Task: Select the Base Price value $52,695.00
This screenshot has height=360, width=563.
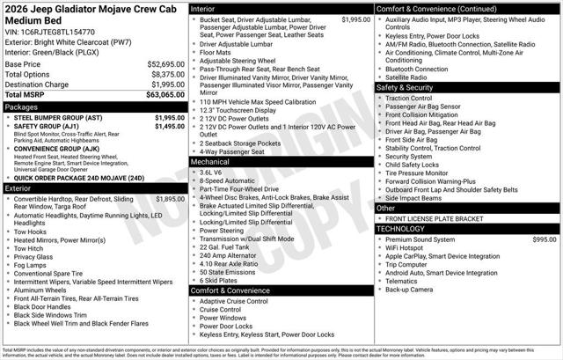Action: (x=159, y=64)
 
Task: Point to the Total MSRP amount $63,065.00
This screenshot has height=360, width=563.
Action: (x=159, y=93)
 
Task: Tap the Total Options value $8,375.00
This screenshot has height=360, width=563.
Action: (x=161, y=74)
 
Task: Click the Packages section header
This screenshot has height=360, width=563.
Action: (x=22, y=107)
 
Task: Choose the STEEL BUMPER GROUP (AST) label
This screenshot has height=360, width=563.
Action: (x=59, y=117)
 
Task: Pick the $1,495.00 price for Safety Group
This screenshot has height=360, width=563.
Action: (x=169, y=127)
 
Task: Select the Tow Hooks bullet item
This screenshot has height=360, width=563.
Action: (x=32, y=231)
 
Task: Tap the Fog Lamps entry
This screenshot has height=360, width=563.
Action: (x=33, y=265)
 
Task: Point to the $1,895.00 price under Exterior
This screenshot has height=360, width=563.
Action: (x=169, y=199)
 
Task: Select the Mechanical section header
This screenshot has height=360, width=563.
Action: (x=210, y=162)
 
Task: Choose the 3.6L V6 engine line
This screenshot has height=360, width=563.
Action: (x=214, y=173)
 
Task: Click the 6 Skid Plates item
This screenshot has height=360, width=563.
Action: (x=221, y=280)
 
